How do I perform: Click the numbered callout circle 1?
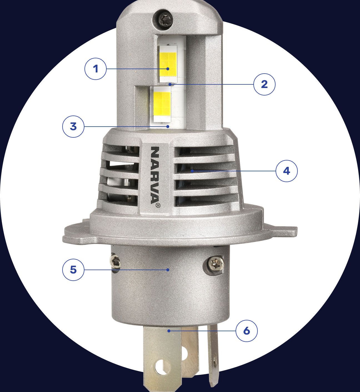pos(96,69)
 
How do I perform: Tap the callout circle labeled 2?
pos(264,84)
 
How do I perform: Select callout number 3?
pos(73,126)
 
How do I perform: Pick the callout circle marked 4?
pos(286,171)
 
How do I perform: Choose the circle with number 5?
pos(73,270)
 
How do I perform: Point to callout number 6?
pos(247,331)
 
